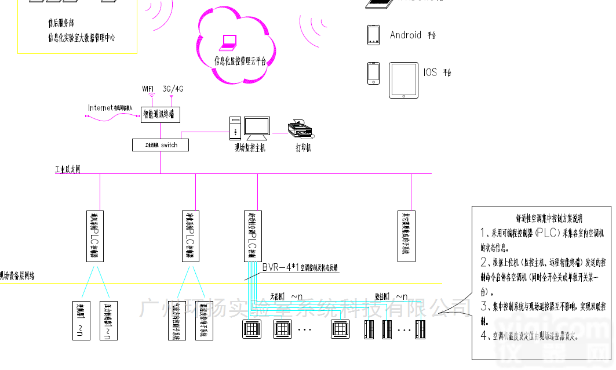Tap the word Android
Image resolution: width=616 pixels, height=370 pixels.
tap(406, 35)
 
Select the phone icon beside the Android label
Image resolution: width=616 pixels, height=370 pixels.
tap(373, 35)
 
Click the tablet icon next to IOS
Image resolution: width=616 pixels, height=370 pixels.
tap(403, 81)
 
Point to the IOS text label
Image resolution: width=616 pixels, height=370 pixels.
tap(430, 72)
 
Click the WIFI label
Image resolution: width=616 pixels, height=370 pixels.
tap(150, 89)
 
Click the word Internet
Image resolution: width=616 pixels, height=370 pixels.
tap(100, 107)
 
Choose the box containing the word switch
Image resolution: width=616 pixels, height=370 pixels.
tap(160, 144)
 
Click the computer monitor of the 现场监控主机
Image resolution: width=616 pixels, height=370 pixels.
tap(256, 128)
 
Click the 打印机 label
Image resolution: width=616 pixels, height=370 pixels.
tap(303, 148)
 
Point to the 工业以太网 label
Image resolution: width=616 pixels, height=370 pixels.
tap(67, 170)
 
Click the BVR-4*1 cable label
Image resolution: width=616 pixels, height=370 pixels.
tap(280, 267)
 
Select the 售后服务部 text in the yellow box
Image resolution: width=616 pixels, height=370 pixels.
tap(61, 24)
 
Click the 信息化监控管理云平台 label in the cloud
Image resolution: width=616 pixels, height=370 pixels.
tap(240, 60)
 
